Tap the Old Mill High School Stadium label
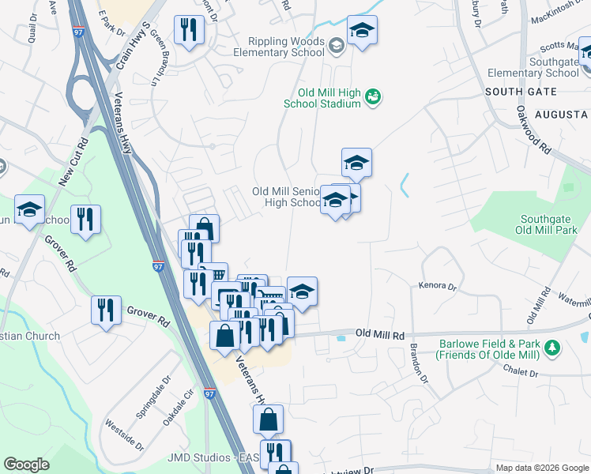click(x=324, y=98)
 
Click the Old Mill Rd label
click(x=379, y=335)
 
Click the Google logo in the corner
click(x=26, y=465)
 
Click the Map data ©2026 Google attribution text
click(x=542, y=468)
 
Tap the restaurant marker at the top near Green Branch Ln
click(x=190, y=31)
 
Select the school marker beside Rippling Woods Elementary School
click(x=362, y=31)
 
